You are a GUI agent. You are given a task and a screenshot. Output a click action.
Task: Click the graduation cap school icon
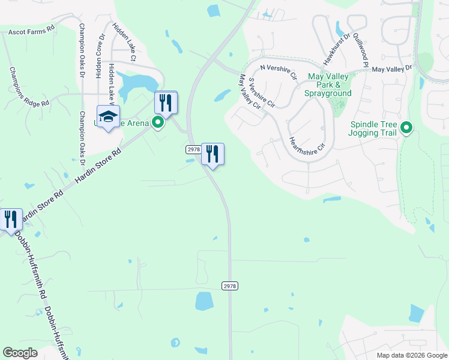coord(109,116)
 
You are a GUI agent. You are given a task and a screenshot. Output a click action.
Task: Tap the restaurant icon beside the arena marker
coord(166,103)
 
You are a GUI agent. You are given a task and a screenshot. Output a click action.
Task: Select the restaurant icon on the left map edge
coord(10,220)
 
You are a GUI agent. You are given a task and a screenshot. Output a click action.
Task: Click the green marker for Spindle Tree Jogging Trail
coord(406,127)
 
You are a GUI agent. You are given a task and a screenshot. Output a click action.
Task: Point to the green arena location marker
coord(158,123)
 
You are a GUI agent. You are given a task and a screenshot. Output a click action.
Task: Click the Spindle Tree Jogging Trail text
coord(374,128)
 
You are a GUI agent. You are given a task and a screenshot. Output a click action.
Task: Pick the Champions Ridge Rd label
coord(28,87)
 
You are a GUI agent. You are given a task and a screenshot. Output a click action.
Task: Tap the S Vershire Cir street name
coord(261,92)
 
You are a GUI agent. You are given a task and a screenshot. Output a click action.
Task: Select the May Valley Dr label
coord(392,69)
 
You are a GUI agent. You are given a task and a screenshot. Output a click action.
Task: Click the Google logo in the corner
coord(20,353)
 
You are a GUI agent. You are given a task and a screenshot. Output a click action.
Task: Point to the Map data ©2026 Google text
coord(411,355)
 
